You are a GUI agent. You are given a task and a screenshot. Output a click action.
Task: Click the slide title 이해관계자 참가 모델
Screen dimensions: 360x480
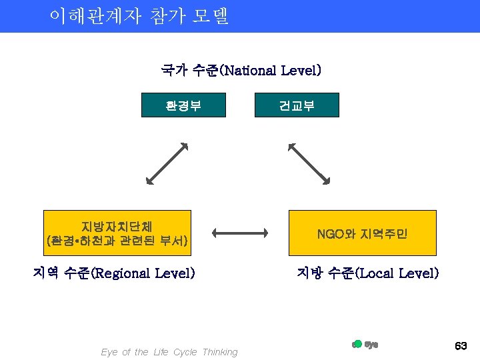pos(139,16)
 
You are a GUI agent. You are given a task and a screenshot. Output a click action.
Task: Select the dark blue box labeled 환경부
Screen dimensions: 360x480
pos(183,105)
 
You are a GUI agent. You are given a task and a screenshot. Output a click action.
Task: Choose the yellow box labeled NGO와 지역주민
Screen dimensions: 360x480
pos(362,233)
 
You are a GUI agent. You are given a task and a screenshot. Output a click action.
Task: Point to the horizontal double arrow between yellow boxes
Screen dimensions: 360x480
pos(240,233)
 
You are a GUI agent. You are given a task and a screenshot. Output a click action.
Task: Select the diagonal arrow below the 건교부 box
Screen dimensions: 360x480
pos(309,162)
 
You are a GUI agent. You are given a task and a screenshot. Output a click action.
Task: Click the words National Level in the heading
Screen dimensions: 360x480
pos(271,70)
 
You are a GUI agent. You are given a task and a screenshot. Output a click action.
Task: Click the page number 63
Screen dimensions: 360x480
pos(461,346)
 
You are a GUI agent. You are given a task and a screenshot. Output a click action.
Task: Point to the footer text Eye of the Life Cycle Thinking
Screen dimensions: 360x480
pos(169,352)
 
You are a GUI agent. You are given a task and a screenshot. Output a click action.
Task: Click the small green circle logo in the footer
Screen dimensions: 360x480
pos(357,344)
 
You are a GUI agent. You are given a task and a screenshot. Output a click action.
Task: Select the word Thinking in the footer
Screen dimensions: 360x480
pos(220,352)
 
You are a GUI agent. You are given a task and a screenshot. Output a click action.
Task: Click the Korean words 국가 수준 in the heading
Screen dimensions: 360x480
pos(189,70)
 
